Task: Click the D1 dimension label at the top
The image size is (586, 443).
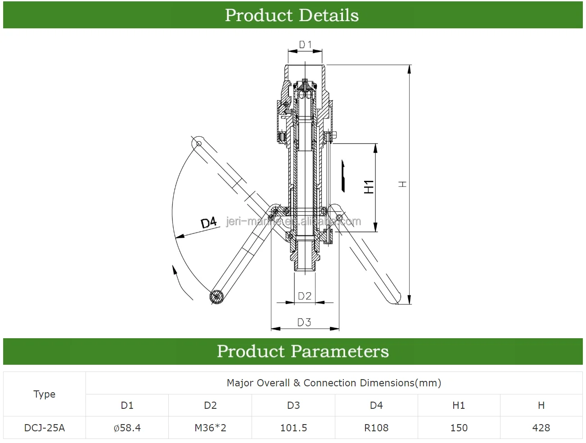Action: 305,45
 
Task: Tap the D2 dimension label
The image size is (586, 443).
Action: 305,296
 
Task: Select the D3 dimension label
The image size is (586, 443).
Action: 304,322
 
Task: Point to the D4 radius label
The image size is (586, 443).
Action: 209,223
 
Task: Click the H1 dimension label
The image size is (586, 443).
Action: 369,187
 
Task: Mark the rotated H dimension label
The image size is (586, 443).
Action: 402,184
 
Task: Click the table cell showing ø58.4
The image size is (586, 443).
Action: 127,428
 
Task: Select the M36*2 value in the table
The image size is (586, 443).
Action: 210,428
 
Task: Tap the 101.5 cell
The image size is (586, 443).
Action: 293,428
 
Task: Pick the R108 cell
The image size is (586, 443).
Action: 376,428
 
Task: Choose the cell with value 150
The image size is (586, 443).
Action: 459,428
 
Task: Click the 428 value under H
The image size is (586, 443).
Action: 541,428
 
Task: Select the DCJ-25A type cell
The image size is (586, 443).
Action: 45,428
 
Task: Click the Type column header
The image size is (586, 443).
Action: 45,394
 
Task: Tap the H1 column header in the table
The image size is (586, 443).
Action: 459,405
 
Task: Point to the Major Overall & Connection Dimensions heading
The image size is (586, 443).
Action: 334,383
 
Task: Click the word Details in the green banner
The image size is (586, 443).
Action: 329,15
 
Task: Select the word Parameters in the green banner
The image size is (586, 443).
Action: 339,351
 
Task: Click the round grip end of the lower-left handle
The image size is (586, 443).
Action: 217,296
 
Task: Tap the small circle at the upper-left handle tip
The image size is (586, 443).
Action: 198,143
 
